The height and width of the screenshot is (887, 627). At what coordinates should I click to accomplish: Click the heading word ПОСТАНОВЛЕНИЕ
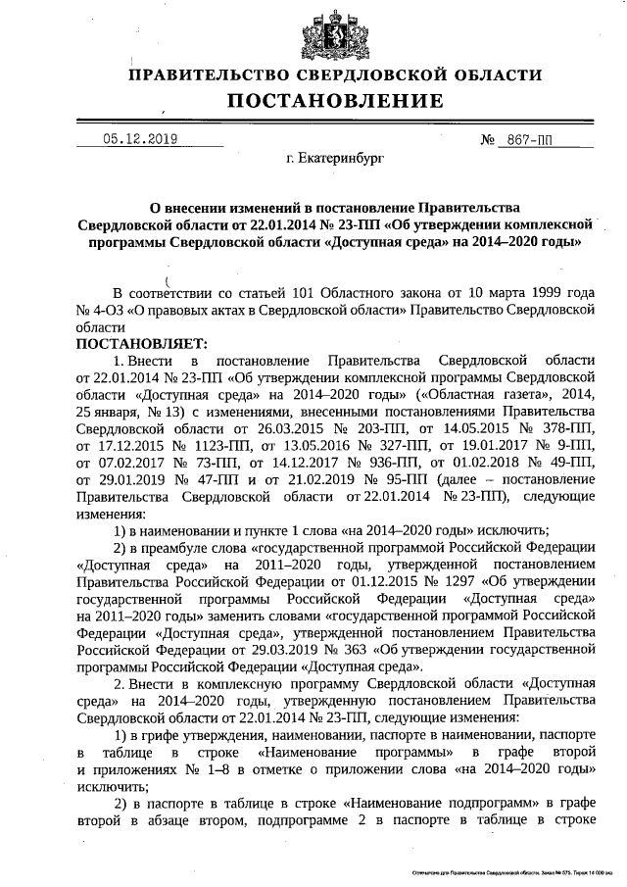pos(336,101)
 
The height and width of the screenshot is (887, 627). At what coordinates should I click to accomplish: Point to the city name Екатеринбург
pos(336,157)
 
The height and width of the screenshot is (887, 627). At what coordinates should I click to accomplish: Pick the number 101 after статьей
pos(273,293)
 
